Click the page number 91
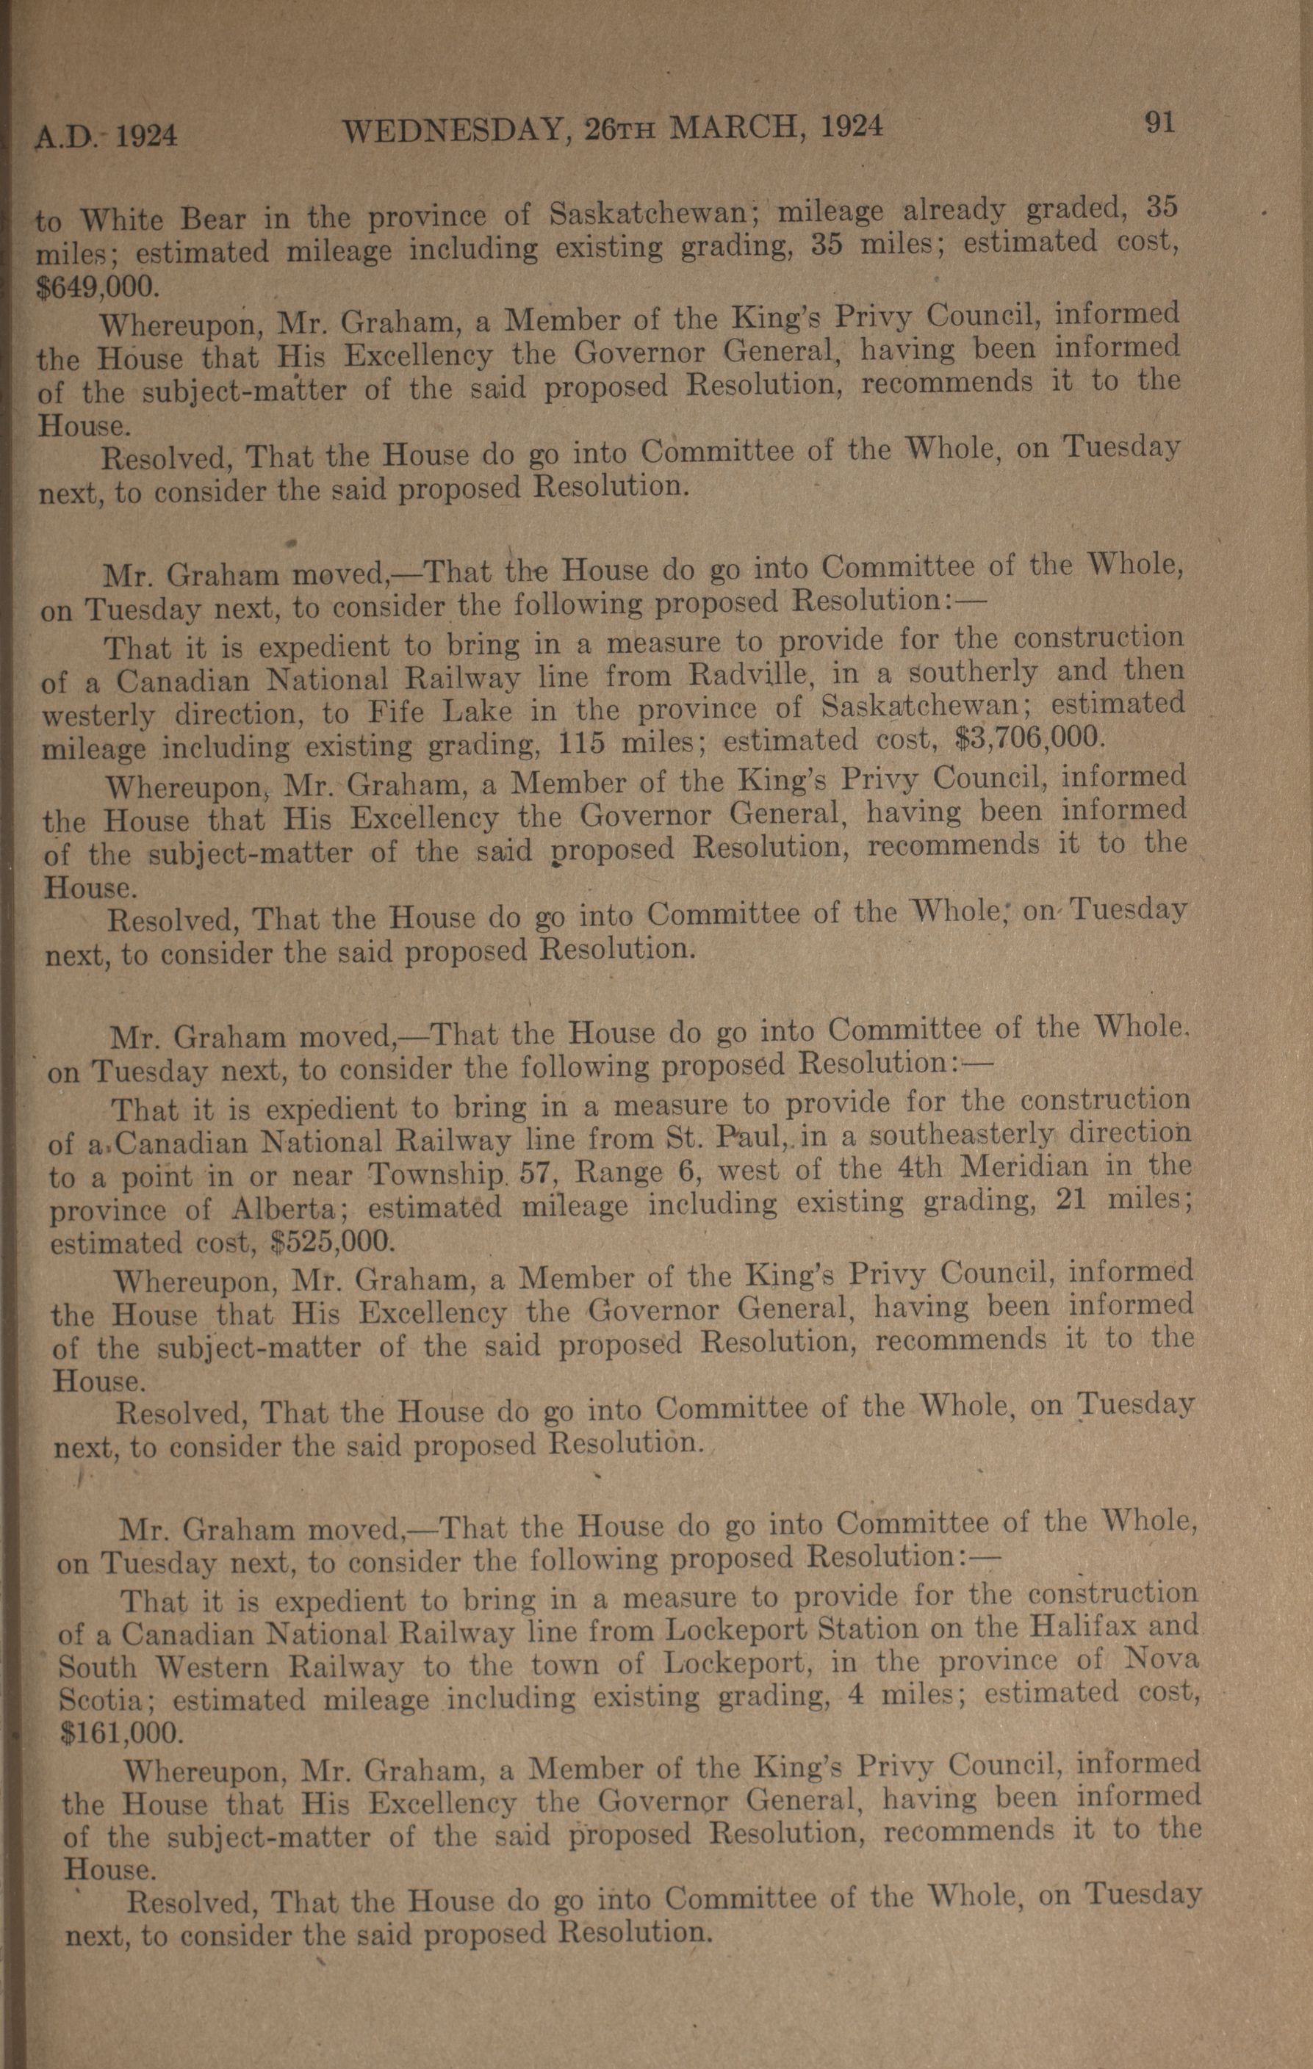coord(1160,123)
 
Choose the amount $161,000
coord(121,1730)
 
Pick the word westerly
coord(98,715)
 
